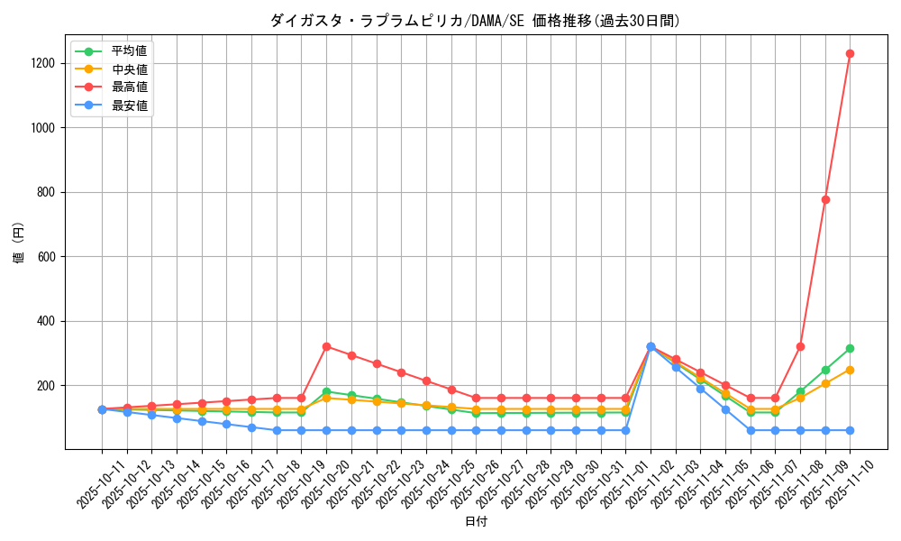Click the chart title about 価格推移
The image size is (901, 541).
click(475, 21)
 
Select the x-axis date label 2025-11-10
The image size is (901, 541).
click(839, 487)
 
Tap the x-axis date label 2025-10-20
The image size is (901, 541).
click(314, 487)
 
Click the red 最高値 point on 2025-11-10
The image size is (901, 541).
click(850, 54)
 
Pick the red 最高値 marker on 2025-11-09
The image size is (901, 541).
click(825, 199)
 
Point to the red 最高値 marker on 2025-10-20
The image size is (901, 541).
click(326, 346)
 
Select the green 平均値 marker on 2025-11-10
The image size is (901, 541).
click(850, 348)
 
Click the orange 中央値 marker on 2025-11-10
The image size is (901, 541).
click(850, 370)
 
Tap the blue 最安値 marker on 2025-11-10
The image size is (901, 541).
click(850, 430)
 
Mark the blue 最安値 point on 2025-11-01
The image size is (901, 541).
click(625, 430)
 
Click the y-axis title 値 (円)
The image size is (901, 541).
click(19, 243)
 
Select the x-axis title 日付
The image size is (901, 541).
click(475, 522)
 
